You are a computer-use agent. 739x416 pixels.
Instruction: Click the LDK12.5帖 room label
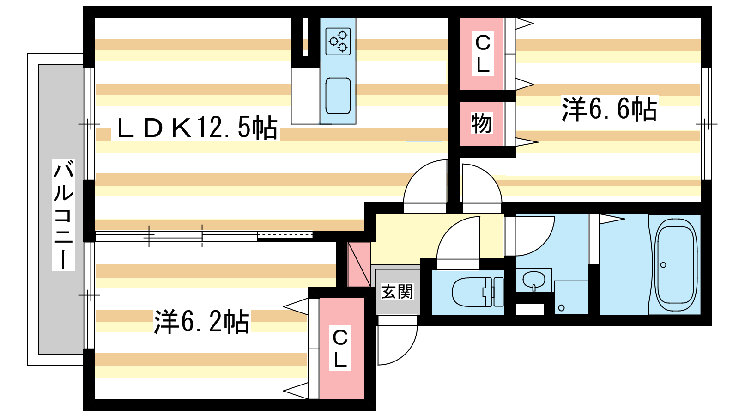click(x=197, y=128)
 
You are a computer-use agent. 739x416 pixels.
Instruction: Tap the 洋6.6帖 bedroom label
click(x=609, y=110)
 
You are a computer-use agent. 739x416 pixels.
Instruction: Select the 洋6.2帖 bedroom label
click(x=201, y=322)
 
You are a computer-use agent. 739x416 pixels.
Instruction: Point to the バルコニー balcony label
click(x=63, y=214)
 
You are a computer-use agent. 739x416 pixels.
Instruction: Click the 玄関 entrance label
click(x=397, y=292)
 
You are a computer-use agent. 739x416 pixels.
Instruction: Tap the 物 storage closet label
click(x=481, y=123)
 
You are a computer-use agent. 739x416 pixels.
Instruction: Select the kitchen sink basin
click(x=338, y=96)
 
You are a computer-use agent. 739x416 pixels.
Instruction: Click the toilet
click(x=476, y=292)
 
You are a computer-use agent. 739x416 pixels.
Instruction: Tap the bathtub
click(x=675, y=264)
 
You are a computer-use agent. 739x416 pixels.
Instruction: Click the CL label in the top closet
click(x=483, y=54)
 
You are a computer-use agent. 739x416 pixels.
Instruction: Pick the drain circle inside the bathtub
click(x=663, y=265)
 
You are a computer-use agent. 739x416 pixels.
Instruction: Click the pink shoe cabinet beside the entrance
click(x=359, y=263)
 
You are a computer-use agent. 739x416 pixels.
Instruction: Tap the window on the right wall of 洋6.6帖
click(x=706, y=123)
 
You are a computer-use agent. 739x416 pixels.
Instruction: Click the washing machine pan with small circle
click(x=570, y=298)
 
